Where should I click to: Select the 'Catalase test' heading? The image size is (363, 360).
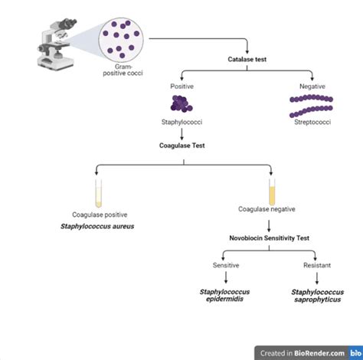(x=247, y=59)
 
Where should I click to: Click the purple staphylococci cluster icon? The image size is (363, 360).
(x=181, y=104)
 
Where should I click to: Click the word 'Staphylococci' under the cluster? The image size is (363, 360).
(x=181, y=121)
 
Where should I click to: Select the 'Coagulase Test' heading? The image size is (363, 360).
(x=181, y=143)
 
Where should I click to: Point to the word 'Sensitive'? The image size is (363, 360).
(x=226, y=265)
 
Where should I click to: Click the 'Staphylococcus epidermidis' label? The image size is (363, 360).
(x=226, y=296)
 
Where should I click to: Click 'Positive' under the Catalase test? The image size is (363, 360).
(x=181, y=86)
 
